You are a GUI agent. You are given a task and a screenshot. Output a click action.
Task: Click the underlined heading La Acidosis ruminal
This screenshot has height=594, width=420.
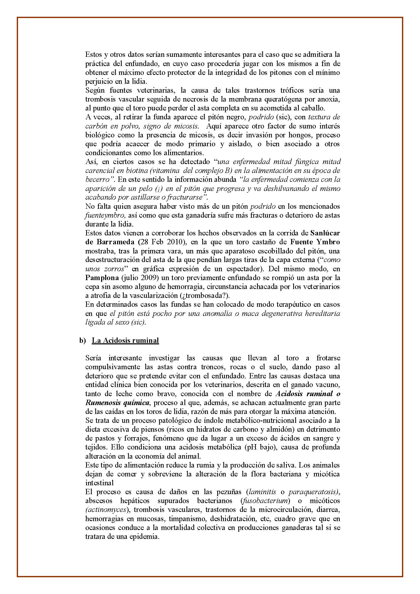pyautogui.click(x=125, y=341)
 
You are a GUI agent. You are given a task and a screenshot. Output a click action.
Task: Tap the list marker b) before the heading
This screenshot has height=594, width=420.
pyautogui.click(x=82, y=341)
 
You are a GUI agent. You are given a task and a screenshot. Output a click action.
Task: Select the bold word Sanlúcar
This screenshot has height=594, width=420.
pyautogui.click(x=325, y=233)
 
